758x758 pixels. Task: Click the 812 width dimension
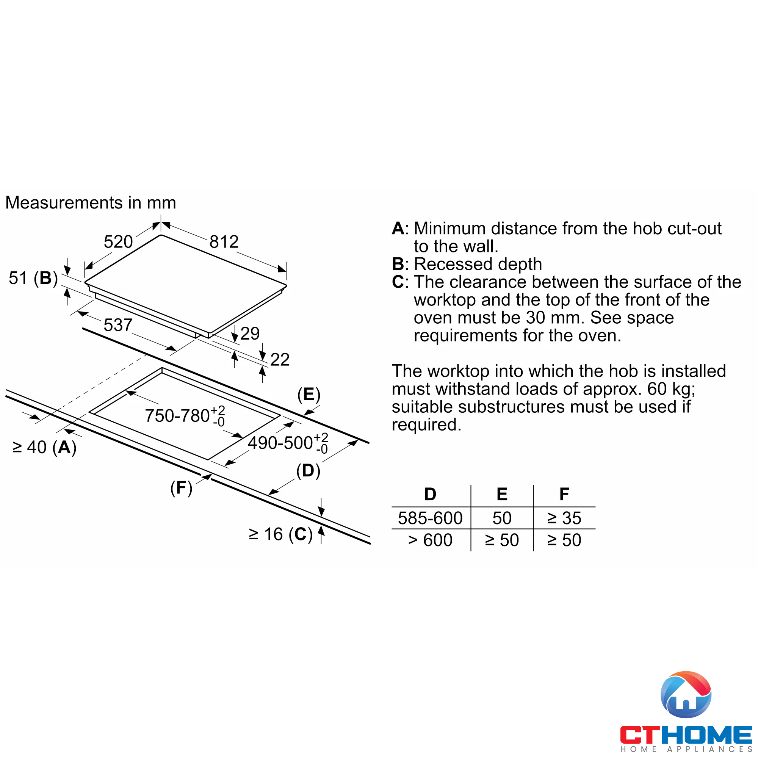(224, 242)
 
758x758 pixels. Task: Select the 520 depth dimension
(118, 242)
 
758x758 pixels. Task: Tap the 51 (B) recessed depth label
(33, 278)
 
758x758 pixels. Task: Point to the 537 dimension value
(118, 325)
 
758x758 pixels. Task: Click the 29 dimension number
(250, 334)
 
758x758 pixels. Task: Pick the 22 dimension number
(280, 359)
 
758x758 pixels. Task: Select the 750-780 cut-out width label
(185, 415)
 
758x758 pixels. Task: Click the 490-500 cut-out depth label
(288, 443)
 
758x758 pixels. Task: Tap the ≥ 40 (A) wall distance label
(44, 447)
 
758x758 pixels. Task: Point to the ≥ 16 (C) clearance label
(280, 534)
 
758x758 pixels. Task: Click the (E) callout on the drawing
(309, 394)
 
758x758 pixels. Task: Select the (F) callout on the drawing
(181, 488)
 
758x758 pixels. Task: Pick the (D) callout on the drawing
(308, 471)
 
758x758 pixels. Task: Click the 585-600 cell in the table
(430, 518)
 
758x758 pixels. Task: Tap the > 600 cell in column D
(430, 540)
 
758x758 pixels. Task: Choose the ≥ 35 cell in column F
(564, 518)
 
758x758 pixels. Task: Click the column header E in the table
(502, 494)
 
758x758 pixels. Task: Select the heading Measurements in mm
(91, 203)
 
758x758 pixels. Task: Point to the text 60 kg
(670, 389)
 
